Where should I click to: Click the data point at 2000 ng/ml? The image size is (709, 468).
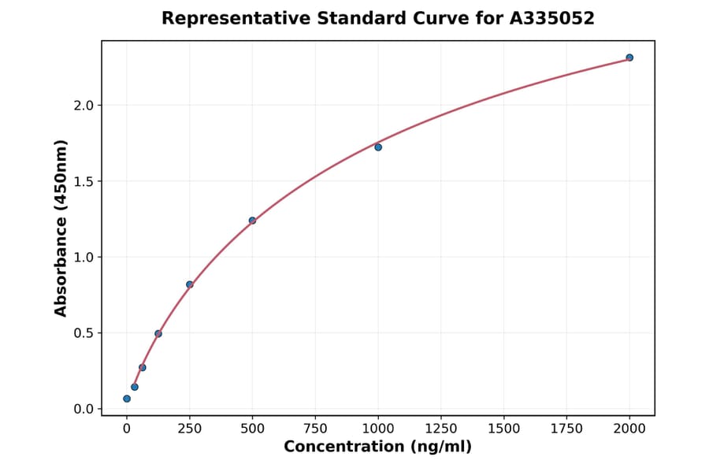(x=629, y=58)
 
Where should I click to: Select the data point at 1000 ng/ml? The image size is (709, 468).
(x=378, y=147)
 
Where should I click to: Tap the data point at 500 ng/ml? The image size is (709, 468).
(x=252, y=221)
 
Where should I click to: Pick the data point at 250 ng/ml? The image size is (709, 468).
(x=190, y=284)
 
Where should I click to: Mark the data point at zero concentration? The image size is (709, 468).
(x=127, y=399)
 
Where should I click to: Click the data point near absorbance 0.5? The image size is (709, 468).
(x=158, y=334)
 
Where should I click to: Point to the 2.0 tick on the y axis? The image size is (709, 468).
(x=84, y=106)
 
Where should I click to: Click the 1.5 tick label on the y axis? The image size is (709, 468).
(x=84, y=181)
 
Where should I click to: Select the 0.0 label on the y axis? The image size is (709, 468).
(x=84, y=409)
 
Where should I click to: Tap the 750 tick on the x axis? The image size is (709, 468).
(x=315, y=429)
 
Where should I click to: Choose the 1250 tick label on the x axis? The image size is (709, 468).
(x=441, y=429)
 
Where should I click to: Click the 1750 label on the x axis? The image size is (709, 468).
(x=566, y=429)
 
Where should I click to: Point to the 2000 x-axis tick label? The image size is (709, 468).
(x=629, y=429)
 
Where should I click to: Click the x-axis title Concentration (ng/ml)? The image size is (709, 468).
(x=377, y=448)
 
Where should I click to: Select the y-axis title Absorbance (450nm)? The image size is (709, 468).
(x=61, y=228)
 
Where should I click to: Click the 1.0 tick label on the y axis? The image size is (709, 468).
(x=84, y=257)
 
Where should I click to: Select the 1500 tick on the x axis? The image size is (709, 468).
(x=504, y=429)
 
